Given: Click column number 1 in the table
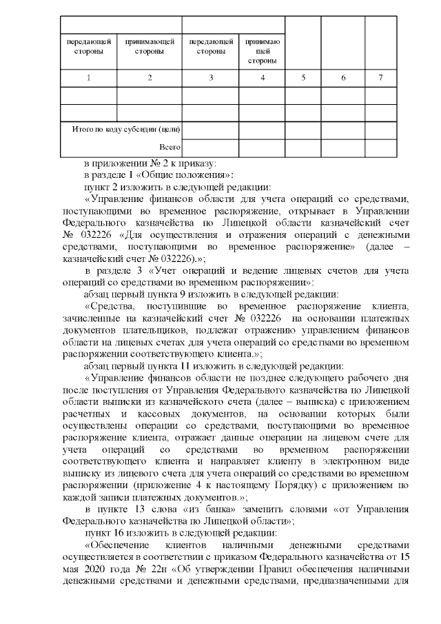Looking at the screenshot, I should (x=88, y=78).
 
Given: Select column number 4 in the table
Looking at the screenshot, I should (x=263, y=78).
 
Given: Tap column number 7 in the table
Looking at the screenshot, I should (x=381, y=78).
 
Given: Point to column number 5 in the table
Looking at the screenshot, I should (x=303, y=78).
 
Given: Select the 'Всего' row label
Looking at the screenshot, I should (x=170, y=147).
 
